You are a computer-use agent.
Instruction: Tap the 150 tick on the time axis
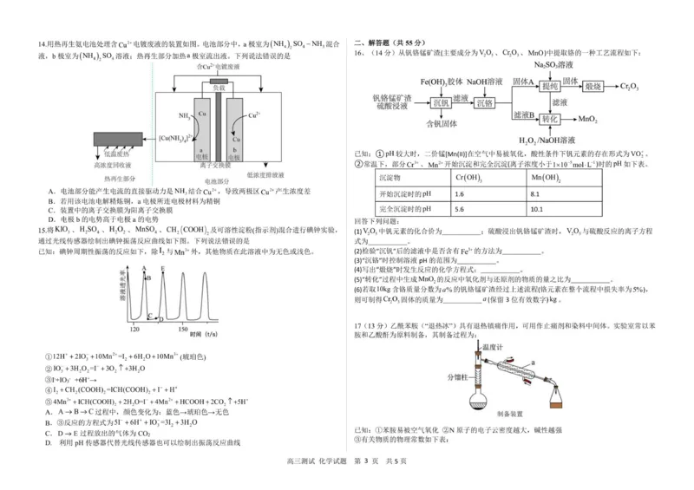click(183, 330)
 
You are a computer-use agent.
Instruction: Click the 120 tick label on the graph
click(135, 330)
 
